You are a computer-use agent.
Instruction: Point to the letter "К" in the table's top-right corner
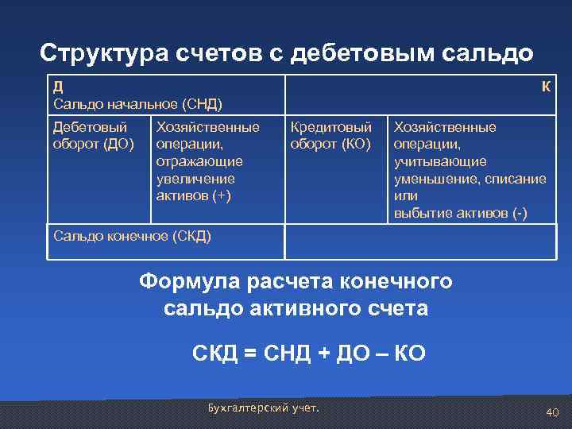547,87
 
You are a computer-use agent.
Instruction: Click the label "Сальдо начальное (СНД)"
137,104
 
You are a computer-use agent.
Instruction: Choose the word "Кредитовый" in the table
331,127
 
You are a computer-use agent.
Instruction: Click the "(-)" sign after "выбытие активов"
519,213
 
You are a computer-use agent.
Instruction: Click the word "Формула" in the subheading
190,281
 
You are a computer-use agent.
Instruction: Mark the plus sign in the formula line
323,353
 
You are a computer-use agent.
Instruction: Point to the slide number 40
553,412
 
